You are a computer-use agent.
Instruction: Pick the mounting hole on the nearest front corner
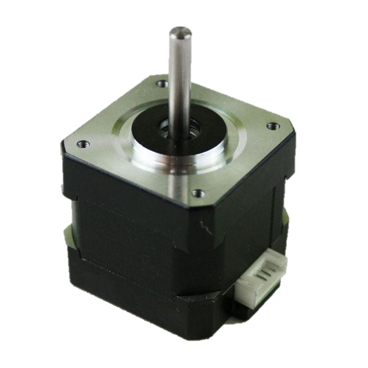click(x=197, y=193)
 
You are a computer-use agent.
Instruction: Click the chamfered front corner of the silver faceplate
click(x=208, y=208)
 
